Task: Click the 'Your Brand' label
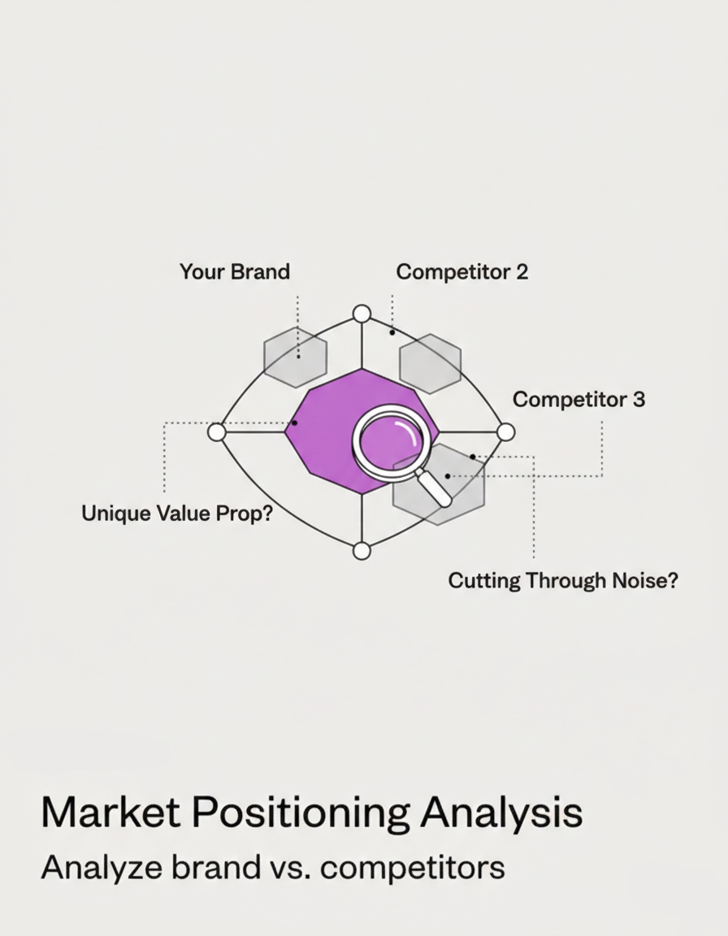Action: click(234, 271)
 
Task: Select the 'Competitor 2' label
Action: click(461, 271)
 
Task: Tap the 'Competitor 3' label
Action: click(578, 400)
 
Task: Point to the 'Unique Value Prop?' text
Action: click(177, 513)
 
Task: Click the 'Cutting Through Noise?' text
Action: click(562, 581)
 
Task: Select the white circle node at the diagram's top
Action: click(362, 314)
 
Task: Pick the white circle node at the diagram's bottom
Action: click(362, 551)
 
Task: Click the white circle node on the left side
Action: click(217, 431)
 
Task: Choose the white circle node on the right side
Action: click(505, 431)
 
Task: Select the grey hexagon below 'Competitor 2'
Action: click(430, 363)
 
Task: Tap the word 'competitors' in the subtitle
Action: click(412, 869)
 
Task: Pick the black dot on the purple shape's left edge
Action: click(294, 423)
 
